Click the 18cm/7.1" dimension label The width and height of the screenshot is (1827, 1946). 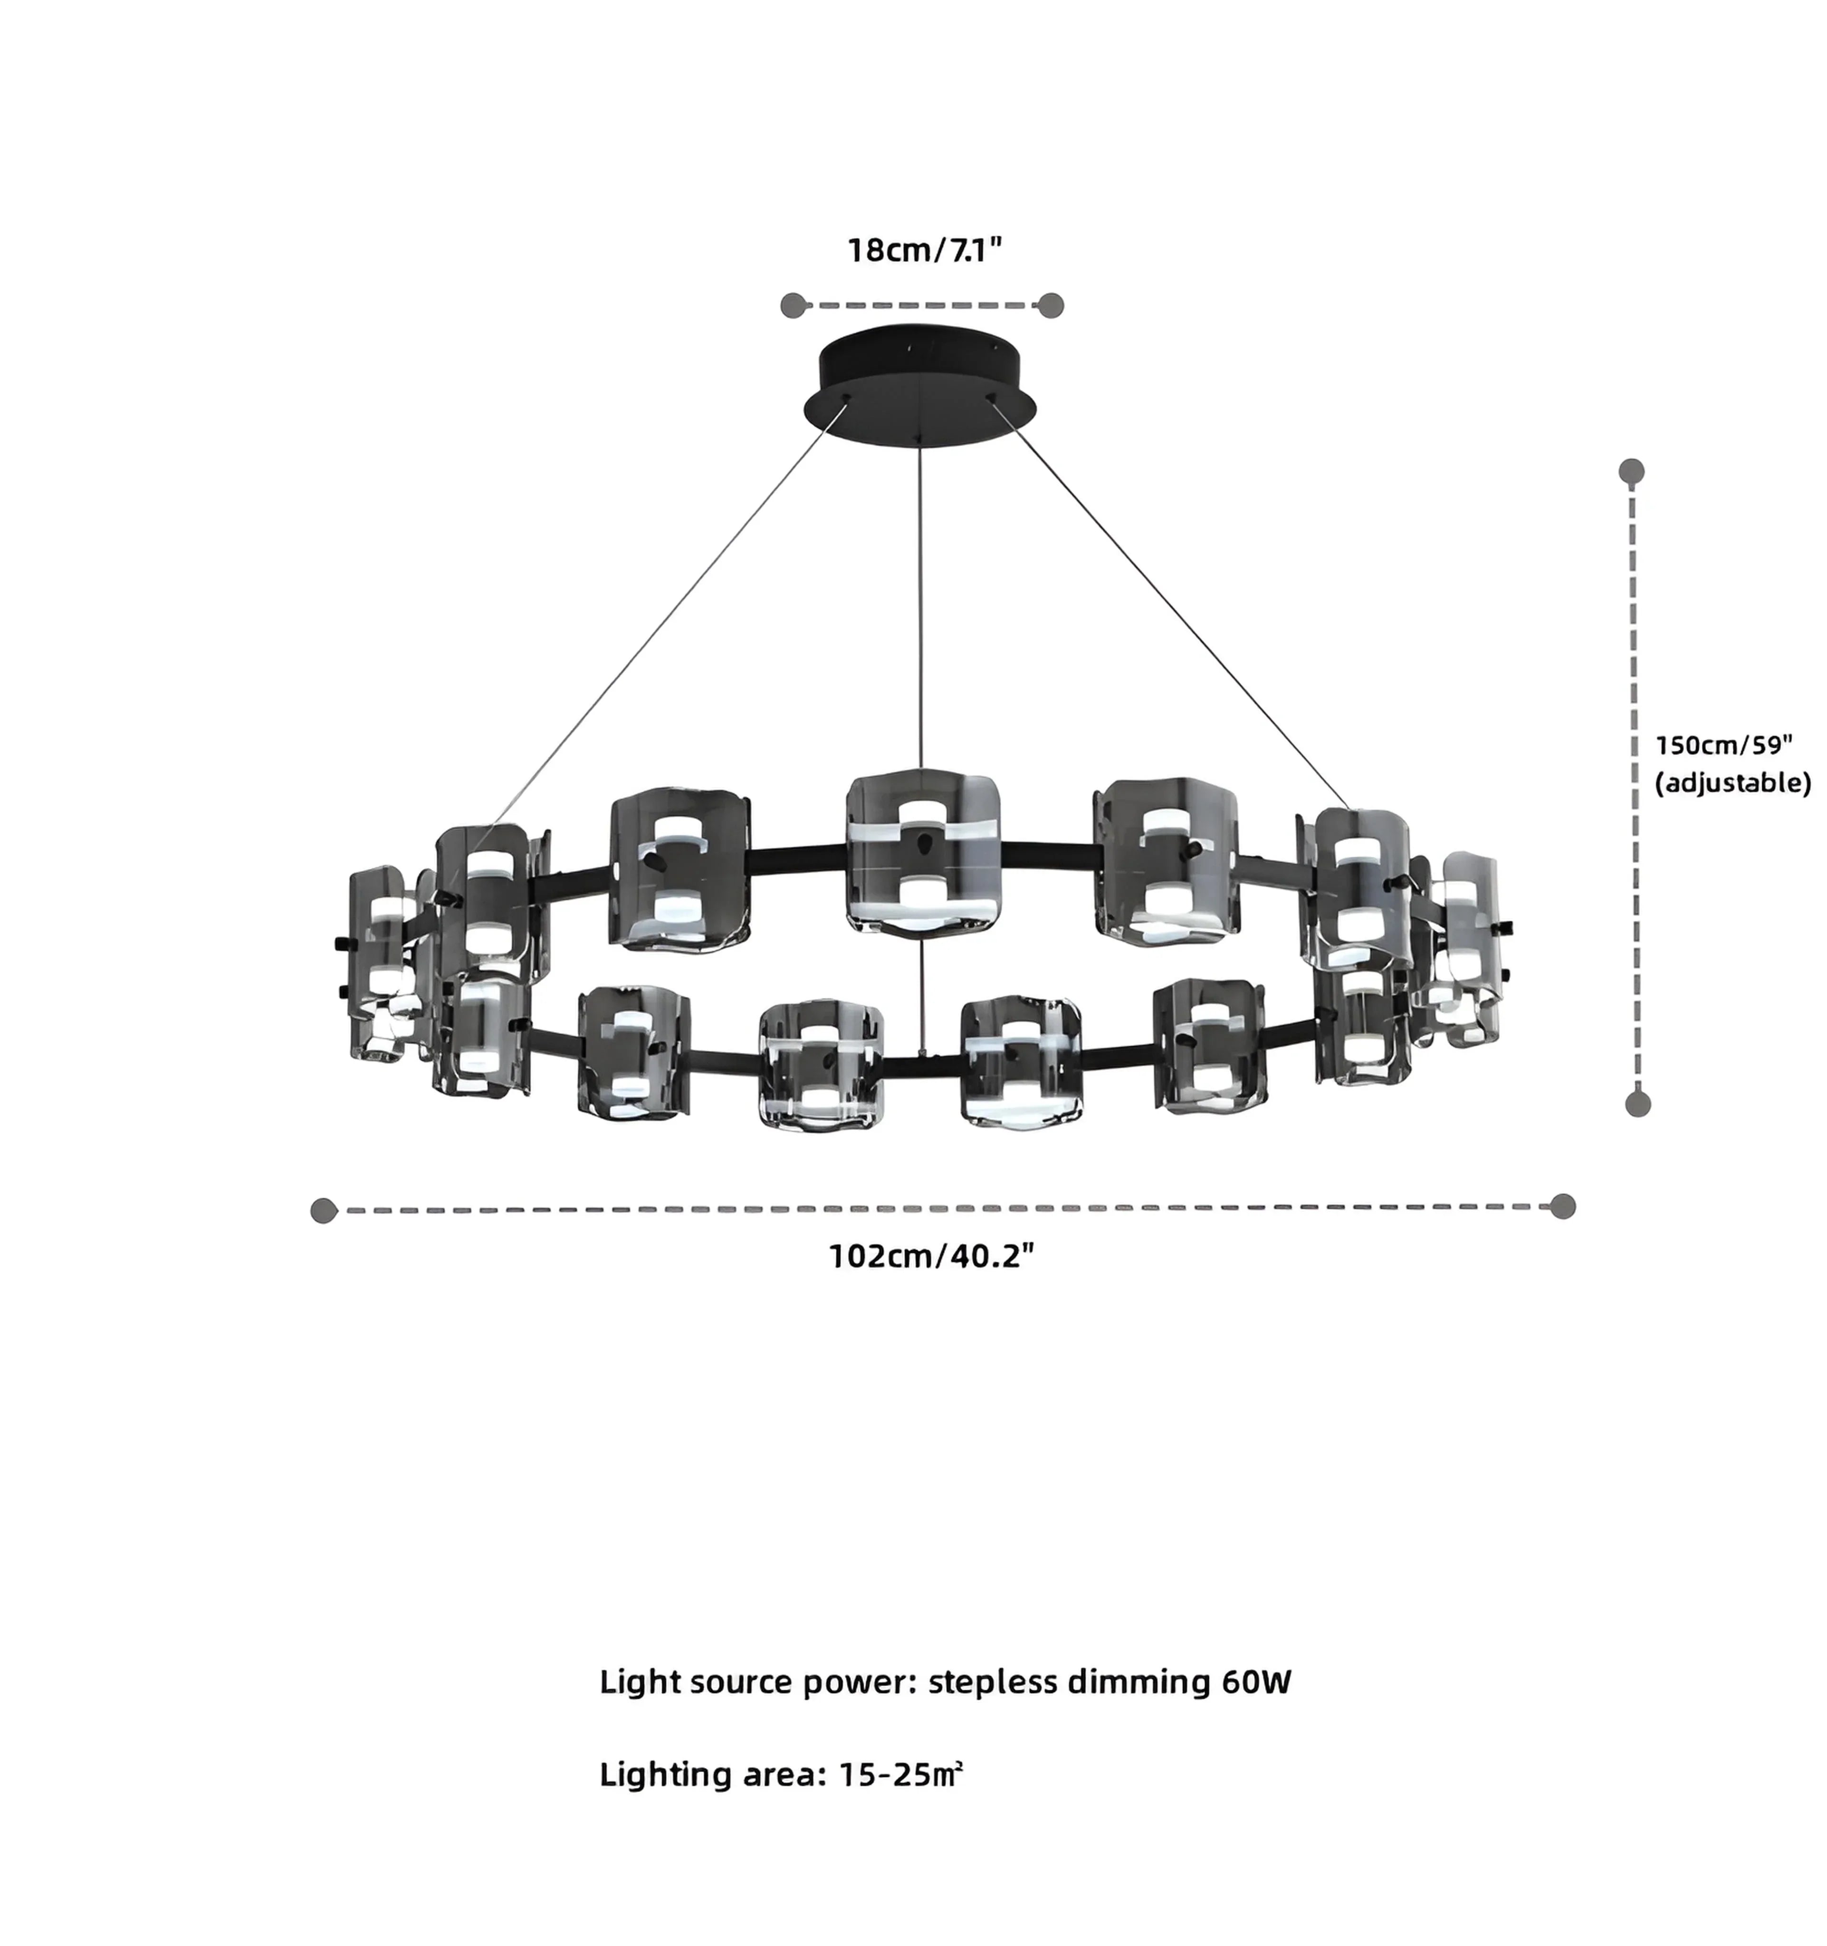(924, 250)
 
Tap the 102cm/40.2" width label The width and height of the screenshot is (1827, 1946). (931, 1256)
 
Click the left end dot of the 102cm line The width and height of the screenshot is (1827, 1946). (323, 1210)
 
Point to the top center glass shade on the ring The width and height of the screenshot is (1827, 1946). (922, 852)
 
